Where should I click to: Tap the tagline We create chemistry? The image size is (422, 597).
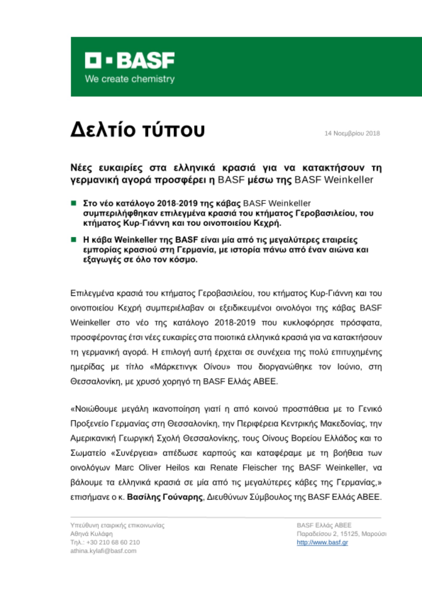130,79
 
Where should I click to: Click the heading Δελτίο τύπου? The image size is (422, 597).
138,130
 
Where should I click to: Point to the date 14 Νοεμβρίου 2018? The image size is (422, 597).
352,133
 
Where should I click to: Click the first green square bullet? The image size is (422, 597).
73,203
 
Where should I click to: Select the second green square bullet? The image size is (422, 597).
73,240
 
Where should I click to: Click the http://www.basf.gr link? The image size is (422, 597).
322,542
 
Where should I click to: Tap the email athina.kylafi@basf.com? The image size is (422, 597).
103,551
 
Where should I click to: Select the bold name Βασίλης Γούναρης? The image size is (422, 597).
165,497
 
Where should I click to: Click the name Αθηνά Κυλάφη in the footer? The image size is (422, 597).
91,534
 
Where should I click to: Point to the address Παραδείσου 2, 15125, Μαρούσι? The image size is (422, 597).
341,534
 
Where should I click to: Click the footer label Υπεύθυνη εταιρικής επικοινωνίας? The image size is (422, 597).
117,525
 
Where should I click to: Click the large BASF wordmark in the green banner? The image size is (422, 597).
145,60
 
